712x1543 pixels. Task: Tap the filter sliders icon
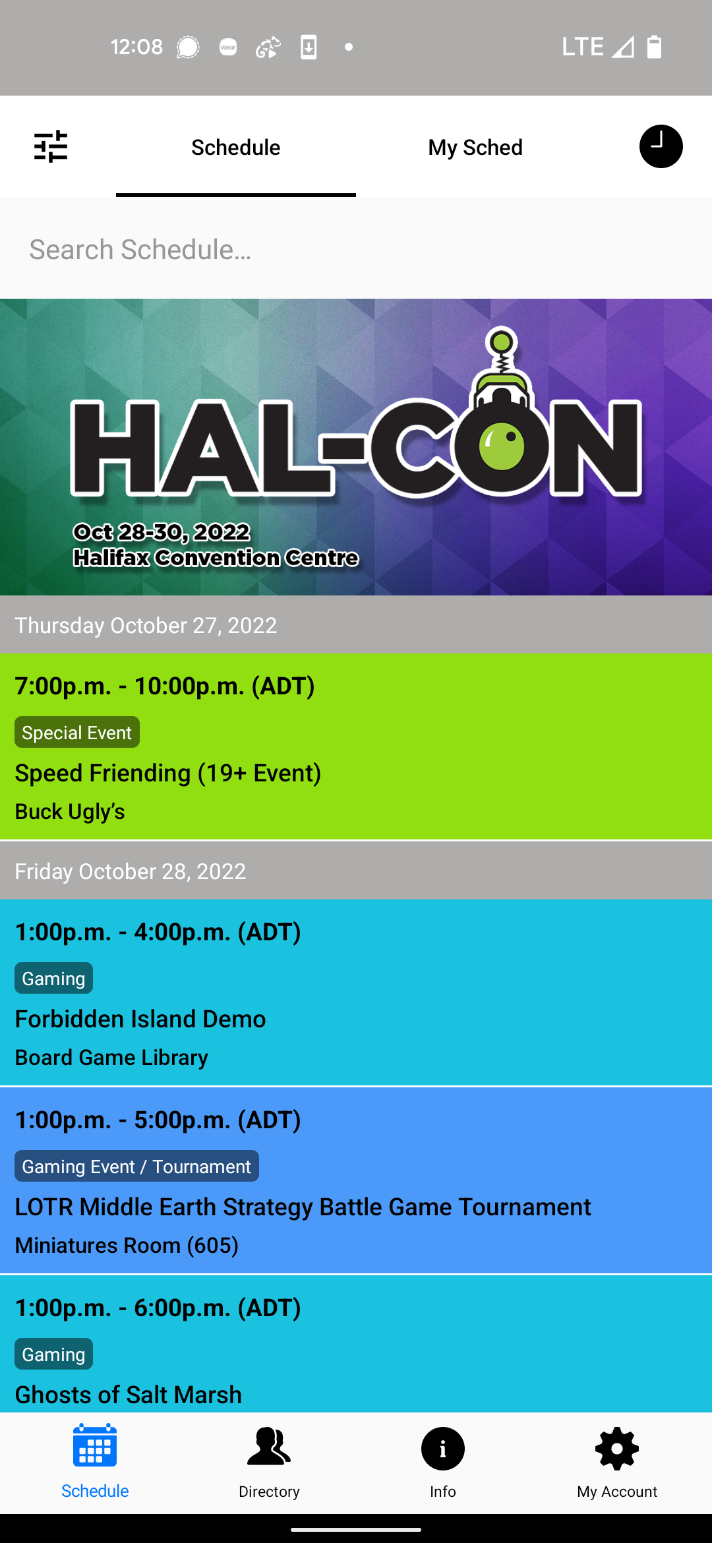point(51,146)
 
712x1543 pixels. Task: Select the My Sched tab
point(475,147)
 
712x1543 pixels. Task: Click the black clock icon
point(661,146)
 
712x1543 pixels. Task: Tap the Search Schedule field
point(356,249)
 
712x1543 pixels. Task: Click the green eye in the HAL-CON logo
point(502,446)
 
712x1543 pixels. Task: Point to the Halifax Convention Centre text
point(216,558)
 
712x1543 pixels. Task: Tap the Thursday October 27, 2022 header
point(146,625)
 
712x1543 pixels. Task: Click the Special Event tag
point(77,732)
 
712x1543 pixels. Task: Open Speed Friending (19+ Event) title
point(168,773)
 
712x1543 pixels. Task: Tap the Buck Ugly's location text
point(70,811)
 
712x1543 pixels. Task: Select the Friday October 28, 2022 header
point(131,871)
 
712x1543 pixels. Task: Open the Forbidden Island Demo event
point(140,1019)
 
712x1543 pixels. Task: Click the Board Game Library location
point(111,1057)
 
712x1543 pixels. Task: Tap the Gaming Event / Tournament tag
point(136,1166)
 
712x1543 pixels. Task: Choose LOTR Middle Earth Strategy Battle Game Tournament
point(303,1207)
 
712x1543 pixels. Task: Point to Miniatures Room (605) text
point(127,1245)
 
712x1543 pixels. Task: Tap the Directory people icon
point(269,1449)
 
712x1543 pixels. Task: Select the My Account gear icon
point(617,1449)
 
